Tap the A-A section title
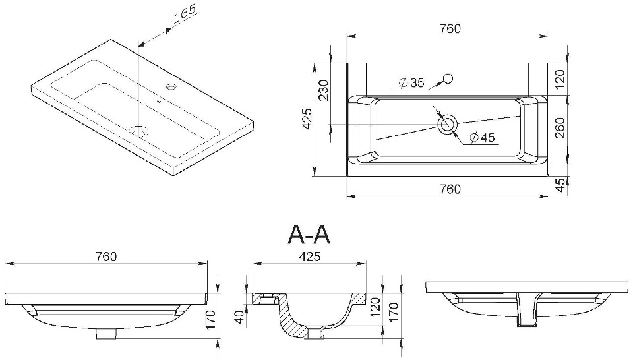point(309,235)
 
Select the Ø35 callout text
point(411,83)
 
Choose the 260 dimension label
point(560,127)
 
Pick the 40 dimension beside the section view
point(240,318)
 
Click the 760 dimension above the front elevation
point(106,256)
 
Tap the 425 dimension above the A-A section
point(309,256)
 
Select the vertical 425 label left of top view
point(308,119)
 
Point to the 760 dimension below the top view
point(450,189)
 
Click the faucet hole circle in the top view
point(448,78)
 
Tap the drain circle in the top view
point(447,124)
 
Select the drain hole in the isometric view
point(140,131)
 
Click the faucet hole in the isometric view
point(171,86)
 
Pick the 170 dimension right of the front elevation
point(211,320)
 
